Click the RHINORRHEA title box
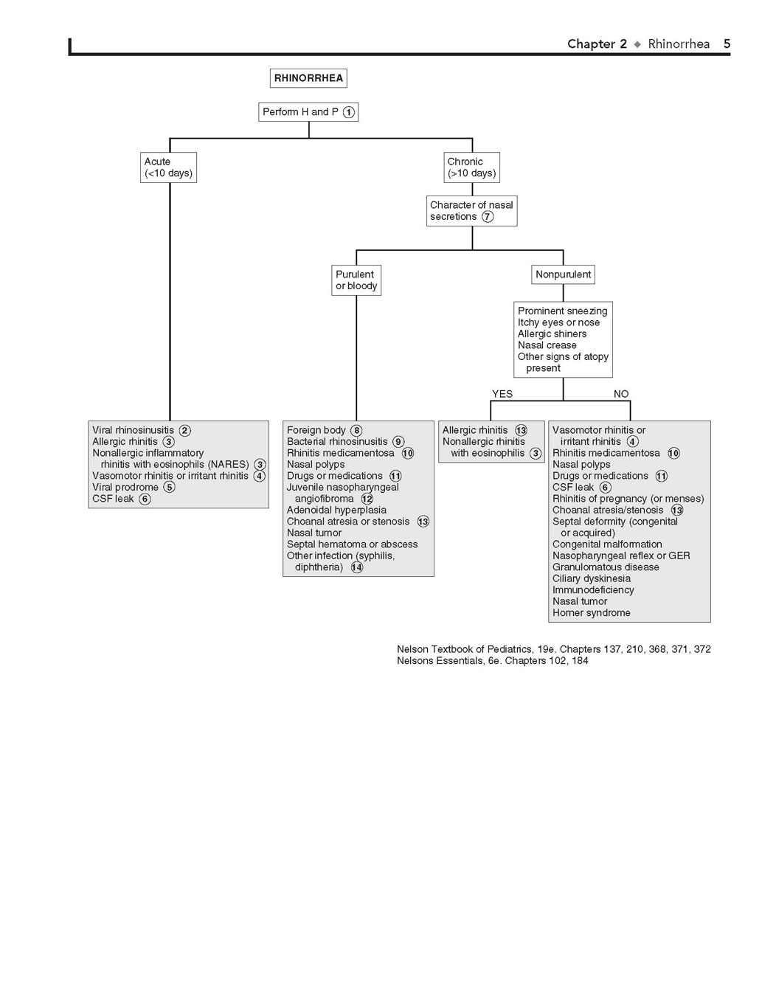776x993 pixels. click(x=308, y=78)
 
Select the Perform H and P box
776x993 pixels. click(x=308, y=112)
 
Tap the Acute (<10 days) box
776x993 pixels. click(x=168, y=167)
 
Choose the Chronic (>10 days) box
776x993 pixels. click(x=472, y=167)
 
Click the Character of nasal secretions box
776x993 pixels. click(x=472, y=211)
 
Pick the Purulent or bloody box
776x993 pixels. click(x=356, y=280)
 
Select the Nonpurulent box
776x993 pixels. click(x=563, y=274)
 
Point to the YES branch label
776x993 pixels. click(x=502, y=394)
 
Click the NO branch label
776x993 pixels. click(x=621, y=394)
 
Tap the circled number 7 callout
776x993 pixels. click(x=488, y=217)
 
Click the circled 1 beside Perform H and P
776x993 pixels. click(x=348, y=112)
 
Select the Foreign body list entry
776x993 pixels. click(x=316, y=430)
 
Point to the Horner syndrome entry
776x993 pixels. click(x=592, y=613)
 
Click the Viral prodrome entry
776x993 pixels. click(x=125, y=487)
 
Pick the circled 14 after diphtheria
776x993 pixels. click(x=357, y=567)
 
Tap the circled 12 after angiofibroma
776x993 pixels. click(x=367, y=499)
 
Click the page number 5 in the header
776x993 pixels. click(x=727, y=44)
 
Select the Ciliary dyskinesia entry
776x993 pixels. click(x=592, y=578)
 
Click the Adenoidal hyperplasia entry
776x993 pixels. click(x=336, y=510)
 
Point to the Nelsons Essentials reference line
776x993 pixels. click(x=492, y=661)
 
